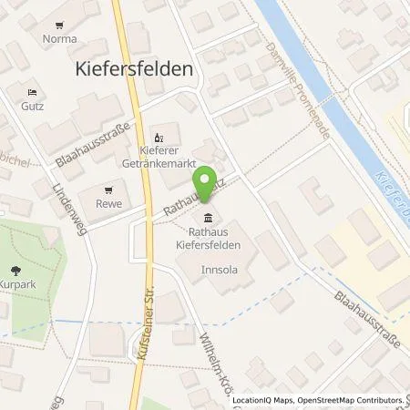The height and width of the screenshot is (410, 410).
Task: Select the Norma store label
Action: [59, 39]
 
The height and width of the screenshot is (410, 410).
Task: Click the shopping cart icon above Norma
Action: [59, 25]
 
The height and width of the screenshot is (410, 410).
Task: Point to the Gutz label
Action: [34, 108]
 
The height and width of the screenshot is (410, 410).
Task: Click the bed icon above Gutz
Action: [34, 93]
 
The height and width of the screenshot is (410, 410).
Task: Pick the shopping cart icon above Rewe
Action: [109, 190]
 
